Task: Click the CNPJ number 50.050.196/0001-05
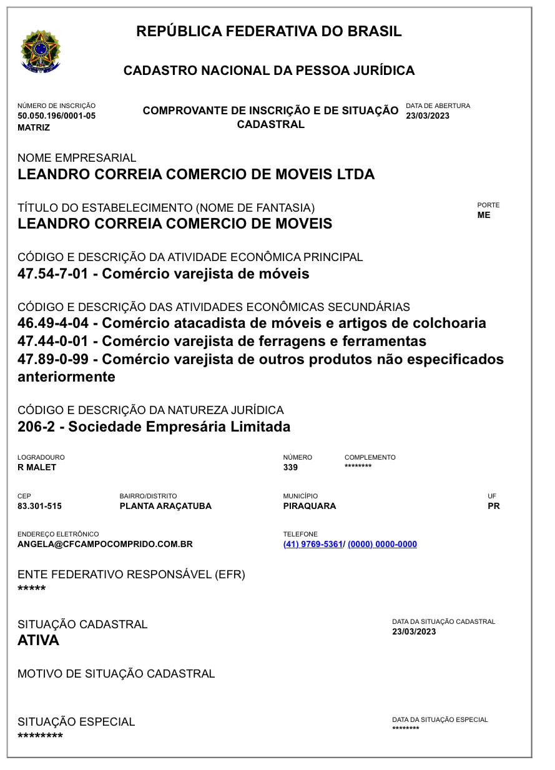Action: pos(56,116)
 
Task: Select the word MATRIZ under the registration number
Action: pos(34,127)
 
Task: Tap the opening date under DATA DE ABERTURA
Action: pos(428,116)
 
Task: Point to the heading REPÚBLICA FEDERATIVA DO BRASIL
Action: pos(268,31)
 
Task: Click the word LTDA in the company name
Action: pos(354,174)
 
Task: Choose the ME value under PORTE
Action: pos(484,215)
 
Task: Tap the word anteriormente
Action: pos(66,377)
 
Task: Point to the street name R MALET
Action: pos(37,467)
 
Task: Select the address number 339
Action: pos(290,467)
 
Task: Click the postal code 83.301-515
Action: pos(39,506)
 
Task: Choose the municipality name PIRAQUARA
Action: pos(309,506)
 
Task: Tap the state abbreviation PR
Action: pos(493,506)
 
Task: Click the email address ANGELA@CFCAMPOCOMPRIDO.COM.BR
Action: pos(105,544)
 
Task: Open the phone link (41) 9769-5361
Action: pos(313,544)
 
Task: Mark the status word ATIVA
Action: pos(38,640)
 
